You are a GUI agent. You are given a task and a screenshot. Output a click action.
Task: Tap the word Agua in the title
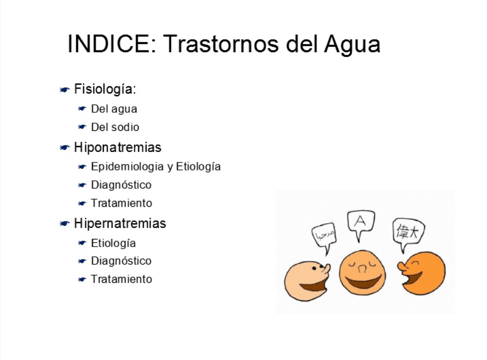[352, 45]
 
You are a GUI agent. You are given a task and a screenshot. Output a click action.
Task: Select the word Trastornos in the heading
[221, 44]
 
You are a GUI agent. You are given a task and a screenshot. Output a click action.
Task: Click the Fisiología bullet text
[105, 90]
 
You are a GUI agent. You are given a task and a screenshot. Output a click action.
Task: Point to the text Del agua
[114, 109]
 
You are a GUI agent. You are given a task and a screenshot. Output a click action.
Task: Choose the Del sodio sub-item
[115, 127]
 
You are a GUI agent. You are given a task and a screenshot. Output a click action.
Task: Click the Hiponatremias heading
[118, 147]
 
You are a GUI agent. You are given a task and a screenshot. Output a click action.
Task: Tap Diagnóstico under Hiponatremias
[121, 185]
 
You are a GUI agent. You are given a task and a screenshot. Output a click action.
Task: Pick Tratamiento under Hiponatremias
[121, 203]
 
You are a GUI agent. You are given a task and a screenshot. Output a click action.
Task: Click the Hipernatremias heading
[120, 224]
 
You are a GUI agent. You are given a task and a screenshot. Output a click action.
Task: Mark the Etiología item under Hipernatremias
[114, 243]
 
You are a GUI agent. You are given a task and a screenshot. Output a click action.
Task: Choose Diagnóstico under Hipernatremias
[121, 261]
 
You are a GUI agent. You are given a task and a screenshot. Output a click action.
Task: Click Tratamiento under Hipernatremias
[121, 279]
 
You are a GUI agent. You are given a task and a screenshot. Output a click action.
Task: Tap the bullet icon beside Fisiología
[64, 90]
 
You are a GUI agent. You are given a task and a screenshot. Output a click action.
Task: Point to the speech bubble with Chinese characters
[408, 232]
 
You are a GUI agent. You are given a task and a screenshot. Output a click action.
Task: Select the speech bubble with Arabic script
[324, 235]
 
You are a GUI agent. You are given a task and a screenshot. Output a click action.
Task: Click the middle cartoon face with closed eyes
[363, 273]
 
